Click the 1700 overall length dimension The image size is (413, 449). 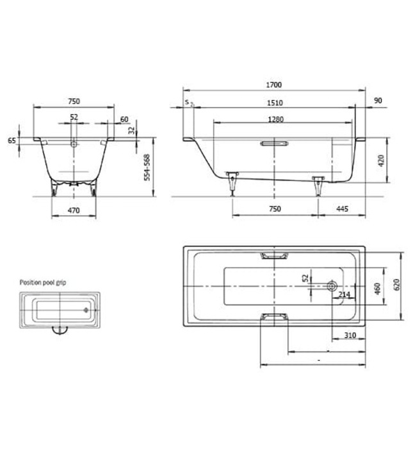pos(275,85)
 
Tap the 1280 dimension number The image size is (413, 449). pos(276,119)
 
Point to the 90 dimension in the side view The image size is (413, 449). pos(377,101)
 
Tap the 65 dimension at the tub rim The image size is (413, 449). pos(12,140)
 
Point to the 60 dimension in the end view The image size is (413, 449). pos(124,119)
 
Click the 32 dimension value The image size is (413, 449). pos(132,130)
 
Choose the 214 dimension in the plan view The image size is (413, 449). pos(344,295)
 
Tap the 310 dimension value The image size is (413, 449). pos(349,335)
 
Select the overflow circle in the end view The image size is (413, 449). pos(74,144)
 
